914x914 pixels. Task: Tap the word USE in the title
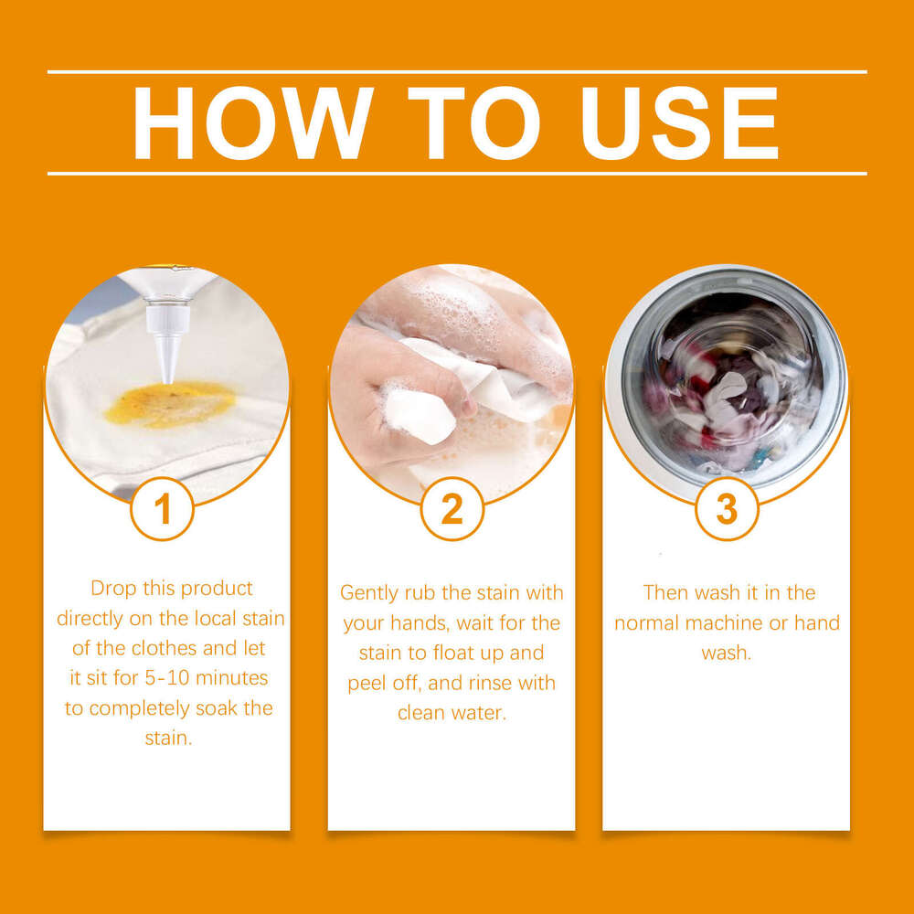pos(670,123)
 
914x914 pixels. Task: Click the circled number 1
pos(163,510)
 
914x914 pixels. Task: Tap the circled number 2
pos(452,510)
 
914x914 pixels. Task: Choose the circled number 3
pos(727,510)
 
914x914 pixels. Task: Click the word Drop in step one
pos(113,589)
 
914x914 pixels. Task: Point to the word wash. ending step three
pos(726,654)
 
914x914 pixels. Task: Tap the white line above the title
pos(457,71)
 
